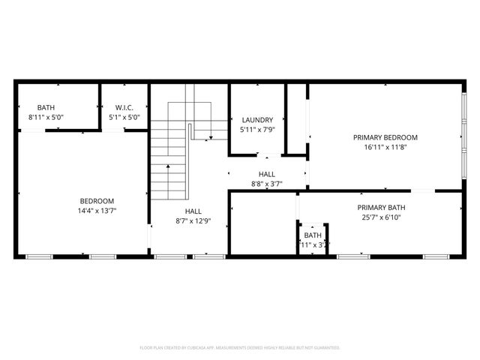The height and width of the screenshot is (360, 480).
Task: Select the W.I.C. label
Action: (x=124, y=108)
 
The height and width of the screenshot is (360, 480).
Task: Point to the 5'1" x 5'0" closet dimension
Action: (x=124, y=118)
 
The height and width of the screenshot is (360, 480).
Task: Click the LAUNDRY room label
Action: (x=256, y=120)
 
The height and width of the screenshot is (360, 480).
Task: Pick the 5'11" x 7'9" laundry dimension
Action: (x=256, y=130)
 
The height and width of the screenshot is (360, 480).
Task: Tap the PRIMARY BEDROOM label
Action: (x=385, y=137)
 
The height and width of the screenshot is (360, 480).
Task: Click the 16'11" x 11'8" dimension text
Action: (x=385, y=148)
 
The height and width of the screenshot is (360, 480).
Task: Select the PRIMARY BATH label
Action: (x=381, y=208)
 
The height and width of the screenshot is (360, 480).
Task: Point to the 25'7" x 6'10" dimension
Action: (x=381, y=217)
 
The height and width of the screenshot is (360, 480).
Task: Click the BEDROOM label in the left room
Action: (x=97, y=201)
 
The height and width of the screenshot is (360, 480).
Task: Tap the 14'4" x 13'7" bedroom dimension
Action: (x=97, y=211)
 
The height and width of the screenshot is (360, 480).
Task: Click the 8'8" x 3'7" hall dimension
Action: (x=267, y=184)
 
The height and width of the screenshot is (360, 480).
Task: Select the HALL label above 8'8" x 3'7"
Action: (x=267, y=174)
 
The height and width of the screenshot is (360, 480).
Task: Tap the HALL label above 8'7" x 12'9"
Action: (x=193, y=211)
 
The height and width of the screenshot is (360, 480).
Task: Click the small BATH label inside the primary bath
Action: (x=313, y=235)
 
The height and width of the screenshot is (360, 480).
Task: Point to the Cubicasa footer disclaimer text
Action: (x=240, y=348)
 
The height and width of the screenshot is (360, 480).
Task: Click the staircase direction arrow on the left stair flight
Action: (x=168, y=166)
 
